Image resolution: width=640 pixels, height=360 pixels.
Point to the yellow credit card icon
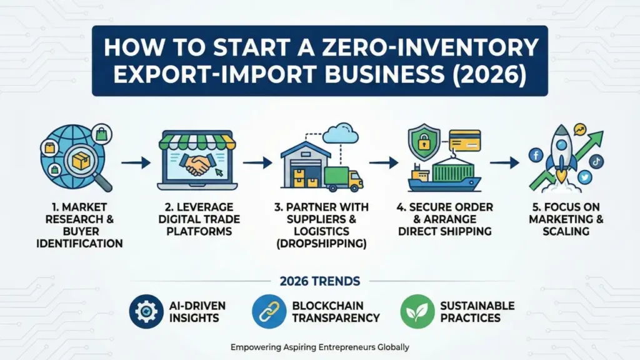click(464, 141)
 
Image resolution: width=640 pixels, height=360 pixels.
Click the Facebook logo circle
click(536, 154)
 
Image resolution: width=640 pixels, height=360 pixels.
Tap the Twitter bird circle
click(584, 177)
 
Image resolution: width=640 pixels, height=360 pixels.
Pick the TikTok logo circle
click(596, 161)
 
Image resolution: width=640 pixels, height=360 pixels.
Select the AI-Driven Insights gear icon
click(146, 311)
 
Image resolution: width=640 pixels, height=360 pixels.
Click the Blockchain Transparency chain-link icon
click(269, 311)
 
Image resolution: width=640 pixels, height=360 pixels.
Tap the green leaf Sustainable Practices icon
click(417, 311)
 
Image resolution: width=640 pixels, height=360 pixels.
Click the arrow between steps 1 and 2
click(136, 163)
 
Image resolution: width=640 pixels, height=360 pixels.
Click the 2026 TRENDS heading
click(320, 281)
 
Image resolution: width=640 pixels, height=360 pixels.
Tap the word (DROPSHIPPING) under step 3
click(321, 244)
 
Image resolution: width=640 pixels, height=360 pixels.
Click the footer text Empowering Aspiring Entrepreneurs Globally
click(319, 347)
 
